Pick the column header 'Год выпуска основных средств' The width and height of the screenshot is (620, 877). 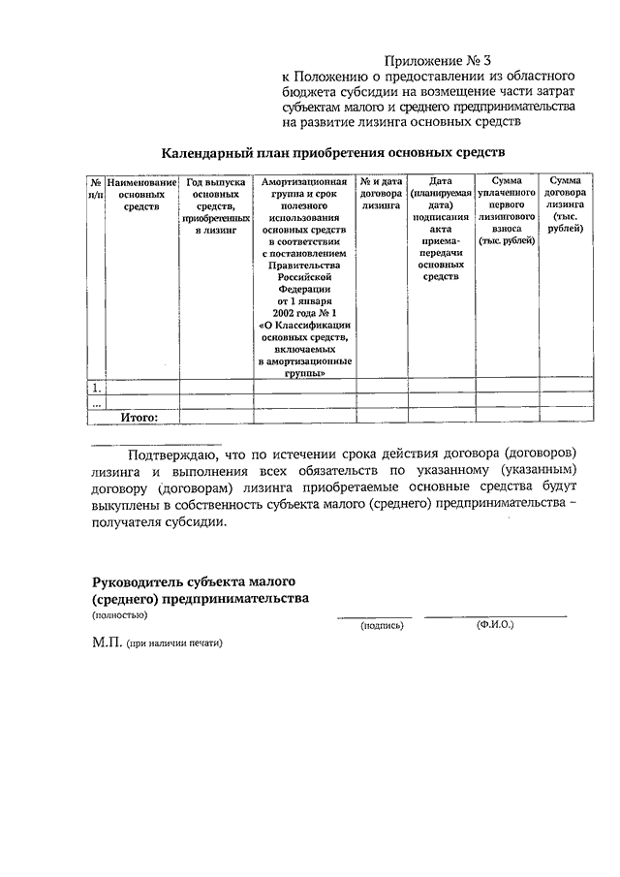coord(208,206)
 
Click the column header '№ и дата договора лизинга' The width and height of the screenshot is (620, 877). coord(380,193)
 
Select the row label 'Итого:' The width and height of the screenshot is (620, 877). coord(139,417)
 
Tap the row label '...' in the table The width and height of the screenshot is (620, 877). coord(96,402)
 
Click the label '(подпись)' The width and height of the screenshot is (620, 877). coord(381,626)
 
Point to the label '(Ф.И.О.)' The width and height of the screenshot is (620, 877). coord(495,625)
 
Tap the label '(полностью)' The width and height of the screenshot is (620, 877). coord(119,614)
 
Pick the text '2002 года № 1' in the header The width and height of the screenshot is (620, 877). coord(305,313)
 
